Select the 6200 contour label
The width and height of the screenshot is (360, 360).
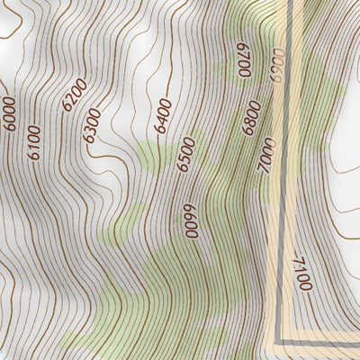click(75, 94)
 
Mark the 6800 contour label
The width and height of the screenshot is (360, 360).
click(251, 118)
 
